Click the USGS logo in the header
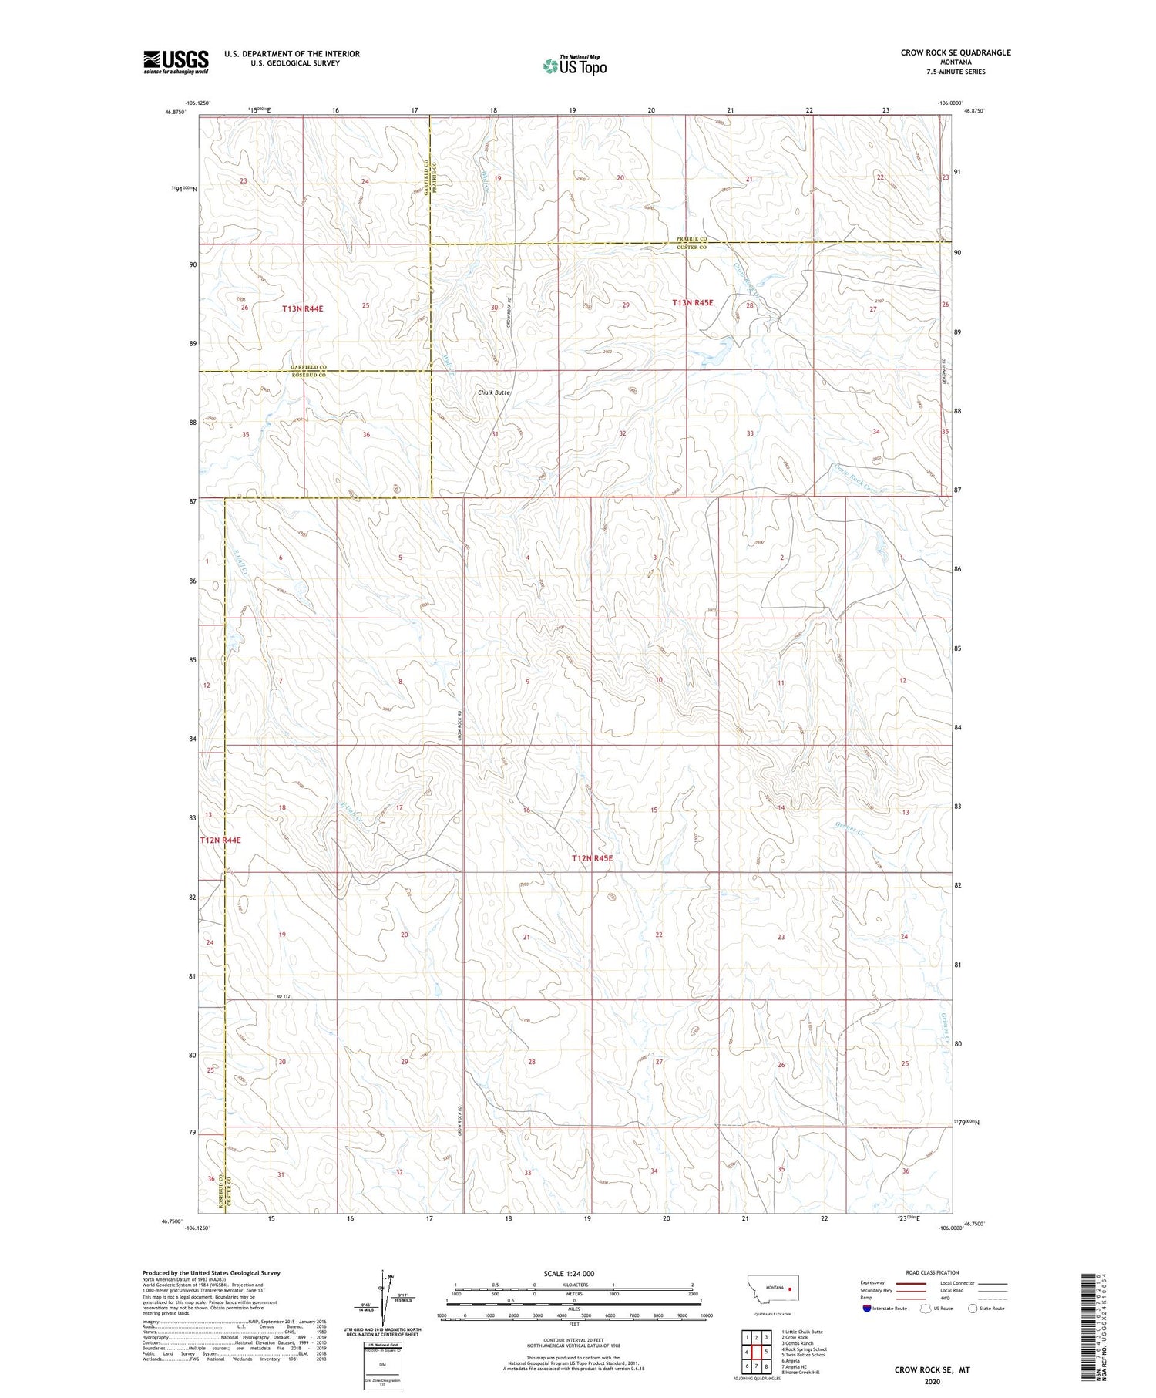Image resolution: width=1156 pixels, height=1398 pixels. click(176, 62)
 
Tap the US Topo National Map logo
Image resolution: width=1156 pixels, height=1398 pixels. click(575, 66)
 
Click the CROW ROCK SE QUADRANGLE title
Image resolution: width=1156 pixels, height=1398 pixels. click(955, 53)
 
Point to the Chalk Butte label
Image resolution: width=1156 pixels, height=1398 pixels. click(493, 392)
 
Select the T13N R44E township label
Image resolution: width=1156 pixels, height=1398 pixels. click(302, 308)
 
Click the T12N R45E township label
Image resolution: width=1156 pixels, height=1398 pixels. click(591, 858)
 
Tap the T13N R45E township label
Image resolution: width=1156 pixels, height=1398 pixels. click(692, 303)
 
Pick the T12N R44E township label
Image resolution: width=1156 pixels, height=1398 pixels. click(220, 840)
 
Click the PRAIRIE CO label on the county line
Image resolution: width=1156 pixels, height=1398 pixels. click(691, 239)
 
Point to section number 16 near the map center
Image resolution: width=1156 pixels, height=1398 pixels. click(526, 810)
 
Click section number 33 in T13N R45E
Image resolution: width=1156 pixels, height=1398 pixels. click(749, 433)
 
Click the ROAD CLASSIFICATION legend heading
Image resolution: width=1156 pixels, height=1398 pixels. click(933, 1272)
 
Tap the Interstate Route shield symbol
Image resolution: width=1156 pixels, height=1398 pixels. click(867, 1308)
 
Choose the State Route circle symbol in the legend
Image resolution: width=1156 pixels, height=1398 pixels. click(973, 1308)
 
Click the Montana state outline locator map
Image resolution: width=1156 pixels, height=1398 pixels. click(775, 1289)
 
